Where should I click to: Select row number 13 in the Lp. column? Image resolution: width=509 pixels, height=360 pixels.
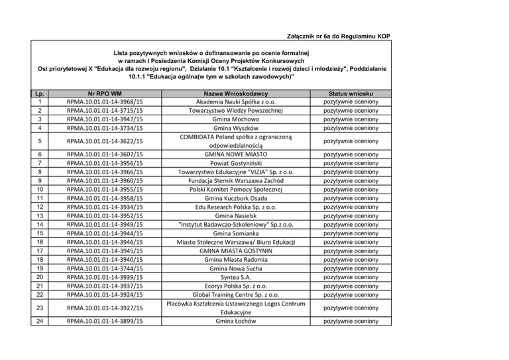pos(40,215)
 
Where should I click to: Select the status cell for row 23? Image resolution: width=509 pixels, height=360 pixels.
pos(351,308)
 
